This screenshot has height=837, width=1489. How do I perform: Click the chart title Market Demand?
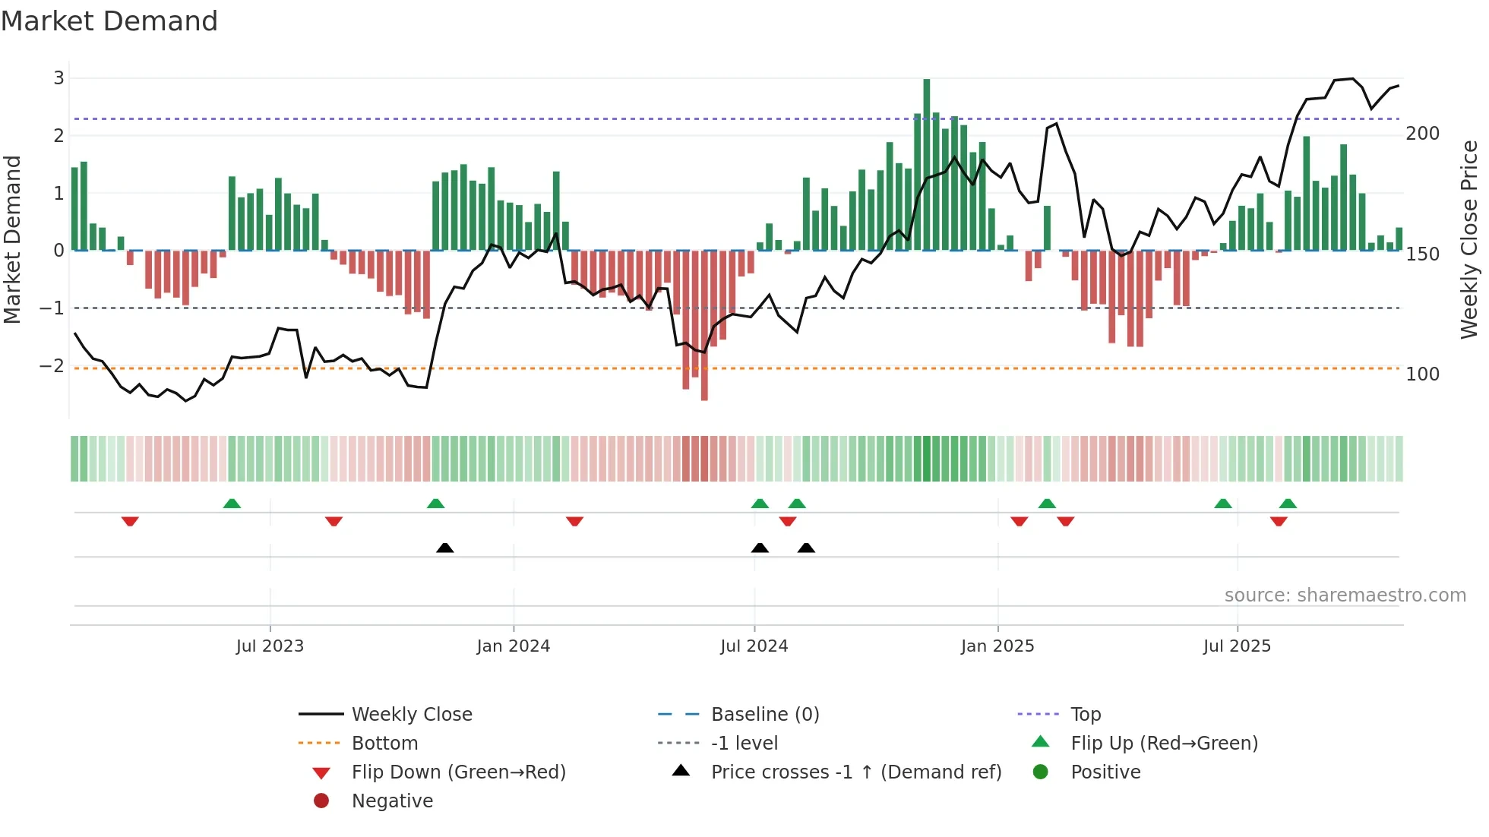(109, 21)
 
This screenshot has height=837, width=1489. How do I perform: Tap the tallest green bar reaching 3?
(927, 163)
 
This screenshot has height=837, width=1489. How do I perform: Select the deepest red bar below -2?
(704, 327)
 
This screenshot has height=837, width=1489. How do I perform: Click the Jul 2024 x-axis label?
(754, 646)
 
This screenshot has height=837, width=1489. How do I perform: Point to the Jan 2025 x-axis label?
(997, 646)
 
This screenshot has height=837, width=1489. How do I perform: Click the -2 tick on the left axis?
(52, 366)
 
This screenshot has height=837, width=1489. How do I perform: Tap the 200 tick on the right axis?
(1422, 134)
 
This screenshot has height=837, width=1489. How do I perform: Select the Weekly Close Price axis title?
(1469, 239)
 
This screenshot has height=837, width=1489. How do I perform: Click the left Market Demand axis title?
(12, 239)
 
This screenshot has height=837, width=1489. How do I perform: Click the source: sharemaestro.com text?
(1345, 595)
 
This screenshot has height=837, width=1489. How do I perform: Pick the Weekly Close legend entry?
(411, 715)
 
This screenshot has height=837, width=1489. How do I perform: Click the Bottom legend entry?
(384, 744)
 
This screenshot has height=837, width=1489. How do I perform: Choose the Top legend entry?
(1085, 715)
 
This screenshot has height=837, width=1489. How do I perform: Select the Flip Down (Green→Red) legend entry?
(458, 772)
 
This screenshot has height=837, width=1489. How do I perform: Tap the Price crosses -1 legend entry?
(855, 772)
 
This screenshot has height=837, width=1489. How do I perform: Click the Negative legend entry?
(392, 801)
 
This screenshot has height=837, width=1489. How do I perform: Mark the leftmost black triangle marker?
(445, 548)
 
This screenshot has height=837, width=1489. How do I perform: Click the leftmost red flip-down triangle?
(130, 521)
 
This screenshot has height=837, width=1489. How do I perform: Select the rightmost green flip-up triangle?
(1288, 504)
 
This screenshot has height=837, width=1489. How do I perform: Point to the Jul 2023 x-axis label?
(270, 646)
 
